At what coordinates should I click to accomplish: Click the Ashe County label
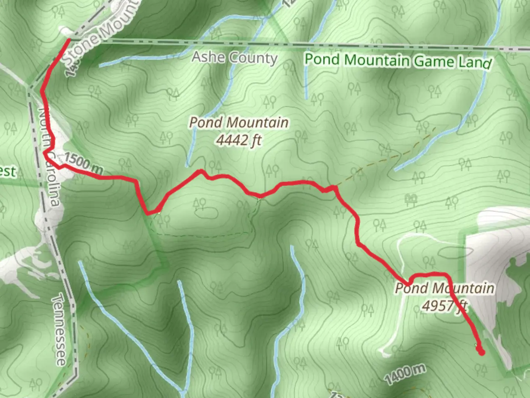coord(234,58)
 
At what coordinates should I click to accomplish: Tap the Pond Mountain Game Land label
coord(398,61)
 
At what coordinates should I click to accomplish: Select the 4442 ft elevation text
coord(239,140)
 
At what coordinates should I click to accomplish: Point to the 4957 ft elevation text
coord(445,306)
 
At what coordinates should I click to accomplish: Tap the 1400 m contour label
coord(405,373)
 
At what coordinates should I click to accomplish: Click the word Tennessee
coord(59,329)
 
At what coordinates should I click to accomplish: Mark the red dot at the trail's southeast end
coord(481,352)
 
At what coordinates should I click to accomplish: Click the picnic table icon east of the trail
coord(411,199)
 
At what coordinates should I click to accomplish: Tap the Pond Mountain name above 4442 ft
coord(239,123)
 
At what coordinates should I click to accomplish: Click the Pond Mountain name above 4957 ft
coord(445,288)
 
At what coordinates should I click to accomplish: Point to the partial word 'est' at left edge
coord(8,171)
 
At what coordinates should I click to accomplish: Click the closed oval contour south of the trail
coord(205,214)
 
